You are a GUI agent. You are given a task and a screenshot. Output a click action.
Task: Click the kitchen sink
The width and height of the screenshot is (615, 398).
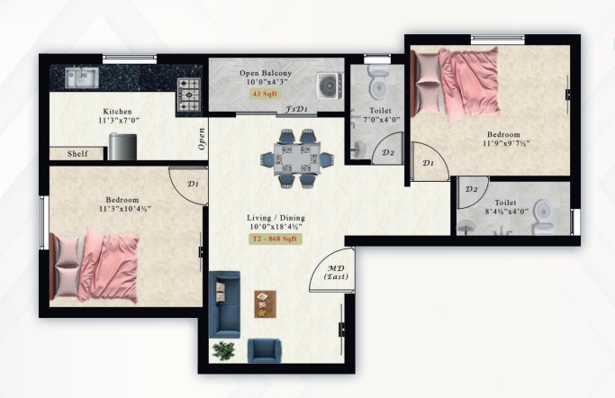tap(82, 77)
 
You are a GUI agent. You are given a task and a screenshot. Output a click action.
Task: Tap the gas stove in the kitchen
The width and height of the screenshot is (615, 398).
tap(189, 95)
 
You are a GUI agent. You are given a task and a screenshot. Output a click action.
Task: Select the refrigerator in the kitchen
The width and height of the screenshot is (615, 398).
tap(122, 146)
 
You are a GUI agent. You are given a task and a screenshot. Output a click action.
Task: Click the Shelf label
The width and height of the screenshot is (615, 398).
tap(77, 154)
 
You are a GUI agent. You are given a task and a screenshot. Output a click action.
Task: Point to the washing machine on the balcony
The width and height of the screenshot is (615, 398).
tap(330, 86)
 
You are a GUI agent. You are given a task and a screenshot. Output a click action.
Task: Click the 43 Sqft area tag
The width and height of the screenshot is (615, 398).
tap(265, 94)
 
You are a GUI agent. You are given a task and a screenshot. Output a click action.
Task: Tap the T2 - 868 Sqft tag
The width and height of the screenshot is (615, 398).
tap(276, 239)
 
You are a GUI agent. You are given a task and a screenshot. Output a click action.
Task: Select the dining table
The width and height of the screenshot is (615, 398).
tap(298, 158)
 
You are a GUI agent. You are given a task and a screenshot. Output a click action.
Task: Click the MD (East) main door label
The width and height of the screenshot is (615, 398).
tap(336, 273)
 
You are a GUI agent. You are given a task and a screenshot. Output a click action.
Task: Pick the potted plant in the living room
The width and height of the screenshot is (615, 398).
tap(223, 350)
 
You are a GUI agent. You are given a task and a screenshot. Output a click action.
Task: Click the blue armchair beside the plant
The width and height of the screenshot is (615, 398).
tap(265, 351)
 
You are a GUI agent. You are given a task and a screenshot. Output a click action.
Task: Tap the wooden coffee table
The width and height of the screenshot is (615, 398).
tap(265, 303)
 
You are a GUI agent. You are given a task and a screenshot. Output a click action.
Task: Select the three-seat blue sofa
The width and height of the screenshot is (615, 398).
tap(224, 304)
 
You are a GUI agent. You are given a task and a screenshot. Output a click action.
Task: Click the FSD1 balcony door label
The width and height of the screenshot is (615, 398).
tap(296, 109)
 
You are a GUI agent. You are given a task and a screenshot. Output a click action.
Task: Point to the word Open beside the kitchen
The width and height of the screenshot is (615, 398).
tap(202, 139)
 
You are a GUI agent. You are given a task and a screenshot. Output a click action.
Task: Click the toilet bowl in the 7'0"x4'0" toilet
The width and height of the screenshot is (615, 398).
tap(378, 82)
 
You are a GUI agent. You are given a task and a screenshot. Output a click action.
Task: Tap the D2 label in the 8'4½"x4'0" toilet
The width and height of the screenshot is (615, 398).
tap(471, 189)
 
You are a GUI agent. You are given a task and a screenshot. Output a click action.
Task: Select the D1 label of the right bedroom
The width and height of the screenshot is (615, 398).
tap(429, 163)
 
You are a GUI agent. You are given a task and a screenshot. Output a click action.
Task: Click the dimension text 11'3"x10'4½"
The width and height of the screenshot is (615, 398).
tap(125, 209)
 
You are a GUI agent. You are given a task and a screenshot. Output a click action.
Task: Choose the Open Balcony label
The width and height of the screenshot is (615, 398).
tap(266, 73)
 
